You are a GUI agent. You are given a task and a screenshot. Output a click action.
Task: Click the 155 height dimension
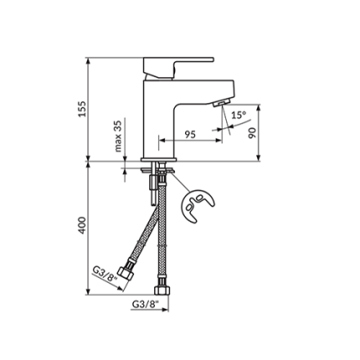coord(81,109)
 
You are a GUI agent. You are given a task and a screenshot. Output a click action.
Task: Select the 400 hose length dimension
coord(81,227)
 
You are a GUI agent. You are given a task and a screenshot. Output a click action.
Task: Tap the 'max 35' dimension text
coord(118,136)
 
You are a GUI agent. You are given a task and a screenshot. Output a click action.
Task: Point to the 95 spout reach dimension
coord(189,133)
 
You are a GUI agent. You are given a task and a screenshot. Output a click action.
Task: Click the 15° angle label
coord(239,115)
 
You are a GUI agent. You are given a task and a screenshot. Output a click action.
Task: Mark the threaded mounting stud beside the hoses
coord(151,188)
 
